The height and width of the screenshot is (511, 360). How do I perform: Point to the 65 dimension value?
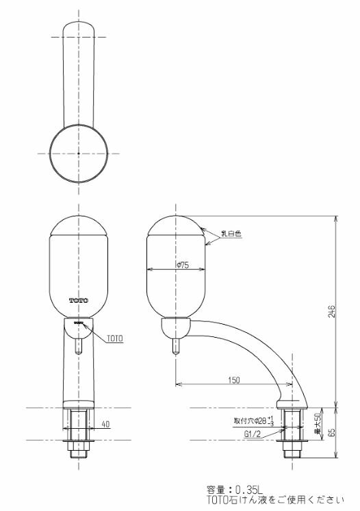[x=331, y=433]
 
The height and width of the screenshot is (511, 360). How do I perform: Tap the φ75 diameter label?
[x=182, y=265]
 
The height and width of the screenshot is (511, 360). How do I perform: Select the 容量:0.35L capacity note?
[x=235, y=490]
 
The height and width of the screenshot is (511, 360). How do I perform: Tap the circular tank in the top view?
[x=78, y=153]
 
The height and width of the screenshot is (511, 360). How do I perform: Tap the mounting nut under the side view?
[x=294, y=438]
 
